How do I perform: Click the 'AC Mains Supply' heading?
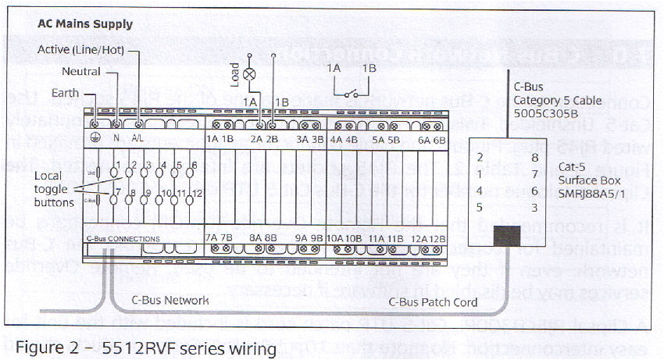click(85, 24)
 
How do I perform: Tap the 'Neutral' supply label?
click(81, 72)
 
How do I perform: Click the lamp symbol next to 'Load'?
click(251, 75)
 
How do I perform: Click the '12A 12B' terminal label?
click(430, 237)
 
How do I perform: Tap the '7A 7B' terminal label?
click(220, 237)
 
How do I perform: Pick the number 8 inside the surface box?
click(534, 158)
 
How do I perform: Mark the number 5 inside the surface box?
click(480, 207)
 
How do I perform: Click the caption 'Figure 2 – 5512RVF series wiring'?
click(146, 347)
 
